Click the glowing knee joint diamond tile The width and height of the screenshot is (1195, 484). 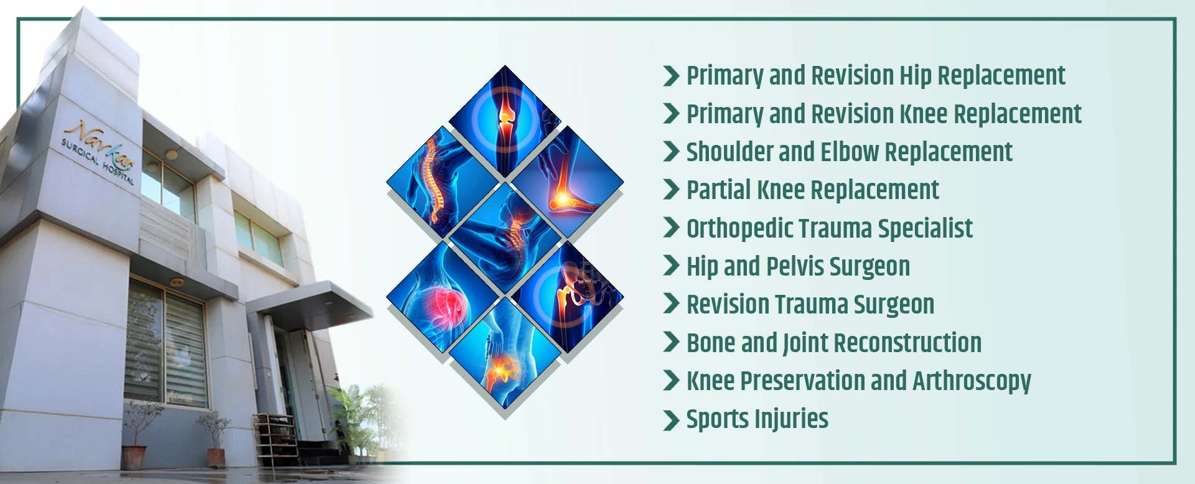[505, 121]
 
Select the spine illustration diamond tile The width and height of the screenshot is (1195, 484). [443, 181]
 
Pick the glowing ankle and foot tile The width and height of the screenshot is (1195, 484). [567, 181]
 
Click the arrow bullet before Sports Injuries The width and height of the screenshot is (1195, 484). [671, 420]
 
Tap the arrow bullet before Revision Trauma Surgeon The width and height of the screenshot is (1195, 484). [671, 304]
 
